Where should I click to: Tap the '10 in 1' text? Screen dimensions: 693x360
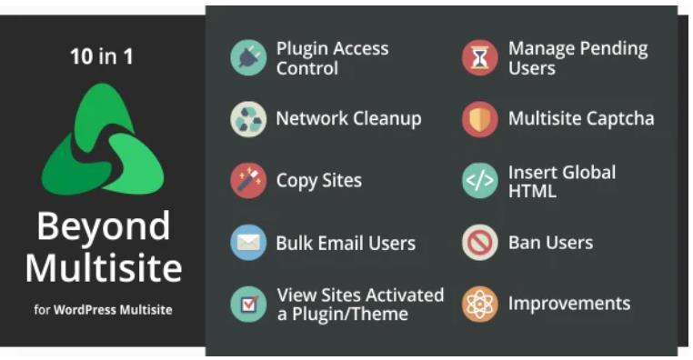coord(102,57)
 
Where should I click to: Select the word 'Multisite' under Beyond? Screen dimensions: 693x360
coord(103,267)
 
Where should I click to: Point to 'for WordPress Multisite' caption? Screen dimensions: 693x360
coord(103,310)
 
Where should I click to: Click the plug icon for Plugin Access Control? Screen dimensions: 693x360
coord(248,57)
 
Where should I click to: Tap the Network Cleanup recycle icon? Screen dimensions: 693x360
coord(248,119)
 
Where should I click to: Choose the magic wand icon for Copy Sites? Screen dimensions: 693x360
coord(248,181)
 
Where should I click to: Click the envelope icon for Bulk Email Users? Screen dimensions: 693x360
coord(248,243)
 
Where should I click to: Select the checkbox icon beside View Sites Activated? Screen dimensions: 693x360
coord(248,305)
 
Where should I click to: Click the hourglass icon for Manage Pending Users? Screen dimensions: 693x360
coord(479,57)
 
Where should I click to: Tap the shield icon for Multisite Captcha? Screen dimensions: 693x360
coord(479,119)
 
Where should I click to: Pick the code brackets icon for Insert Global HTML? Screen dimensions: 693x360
coord(479,181)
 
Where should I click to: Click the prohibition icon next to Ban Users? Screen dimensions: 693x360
coord(479,243)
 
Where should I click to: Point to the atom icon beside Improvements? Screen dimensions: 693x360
coord(479,305)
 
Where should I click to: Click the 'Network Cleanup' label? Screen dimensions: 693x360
coord(348,119)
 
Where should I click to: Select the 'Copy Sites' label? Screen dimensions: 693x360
coord(318,181)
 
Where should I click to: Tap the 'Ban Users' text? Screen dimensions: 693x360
coord(550,243)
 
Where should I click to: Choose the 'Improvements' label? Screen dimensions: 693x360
coord(568,305)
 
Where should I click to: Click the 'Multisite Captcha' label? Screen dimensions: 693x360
coord(580,119)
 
